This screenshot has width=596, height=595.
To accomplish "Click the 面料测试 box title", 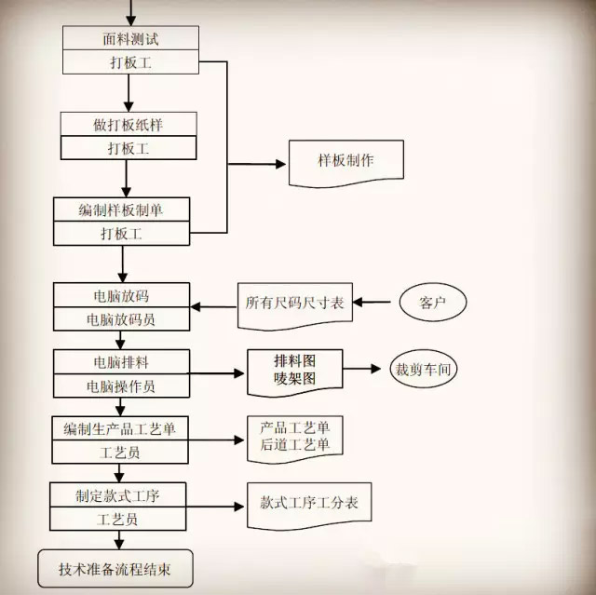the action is pyautogui.click(x=130, y=39).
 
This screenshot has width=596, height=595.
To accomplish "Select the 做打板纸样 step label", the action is pyautogui.click(x=129, y=125).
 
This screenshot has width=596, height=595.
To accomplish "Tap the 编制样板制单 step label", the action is pyautogui.click(x=121, y=210).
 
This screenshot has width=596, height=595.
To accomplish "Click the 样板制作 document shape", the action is pyautogui.click(x=345, y=163).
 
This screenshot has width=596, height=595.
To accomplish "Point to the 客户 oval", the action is pyautogui.click(x=433, y=302).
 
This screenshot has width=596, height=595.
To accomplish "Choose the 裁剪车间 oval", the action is pyautogui.click(x=424, y=369).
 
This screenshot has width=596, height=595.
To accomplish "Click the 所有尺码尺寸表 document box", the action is pyautogui.click(x=295, y=306).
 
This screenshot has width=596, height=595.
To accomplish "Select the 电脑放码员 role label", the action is pyautogui.click(x=121, y=319).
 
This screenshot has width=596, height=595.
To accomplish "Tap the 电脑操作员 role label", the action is pyautogui.click(x=121, y=386).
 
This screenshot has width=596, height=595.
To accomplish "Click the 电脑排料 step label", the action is pyautogui.click(x=121, y=362).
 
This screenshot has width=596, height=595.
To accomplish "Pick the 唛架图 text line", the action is pyautogui.click(x=295, y=378).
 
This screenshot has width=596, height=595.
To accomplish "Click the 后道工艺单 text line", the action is pyautogui.click(x=295, y=444).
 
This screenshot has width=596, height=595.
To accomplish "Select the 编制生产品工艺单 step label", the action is pyautogui.click(x=120, y=429).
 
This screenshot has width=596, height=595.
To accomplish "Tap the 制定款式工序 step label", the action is pyautogui.click(x=117, y=495).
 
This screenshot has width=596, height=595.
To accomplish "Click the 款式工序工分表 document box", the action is pyautogui.click(x=309, y=506).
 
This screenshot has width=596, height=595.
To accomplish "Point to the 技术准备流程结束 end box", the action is pyautogui.click(x=115, y=568).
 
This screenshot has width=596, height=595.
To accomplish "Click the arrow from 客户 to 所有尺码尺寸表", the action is pyautogui.click(x=372, y=302).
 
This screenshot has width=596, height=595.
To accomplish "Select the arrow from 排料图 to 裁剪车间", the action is pyautogui.click(x=361, y=368).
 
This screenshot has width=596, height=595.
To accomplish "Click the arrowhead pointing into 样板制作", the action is pyautogui.click(x=280, y=164).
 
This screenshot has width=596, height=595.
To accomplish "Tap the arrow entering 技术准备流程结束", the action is pyautogui.click(x=119, y=540).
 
